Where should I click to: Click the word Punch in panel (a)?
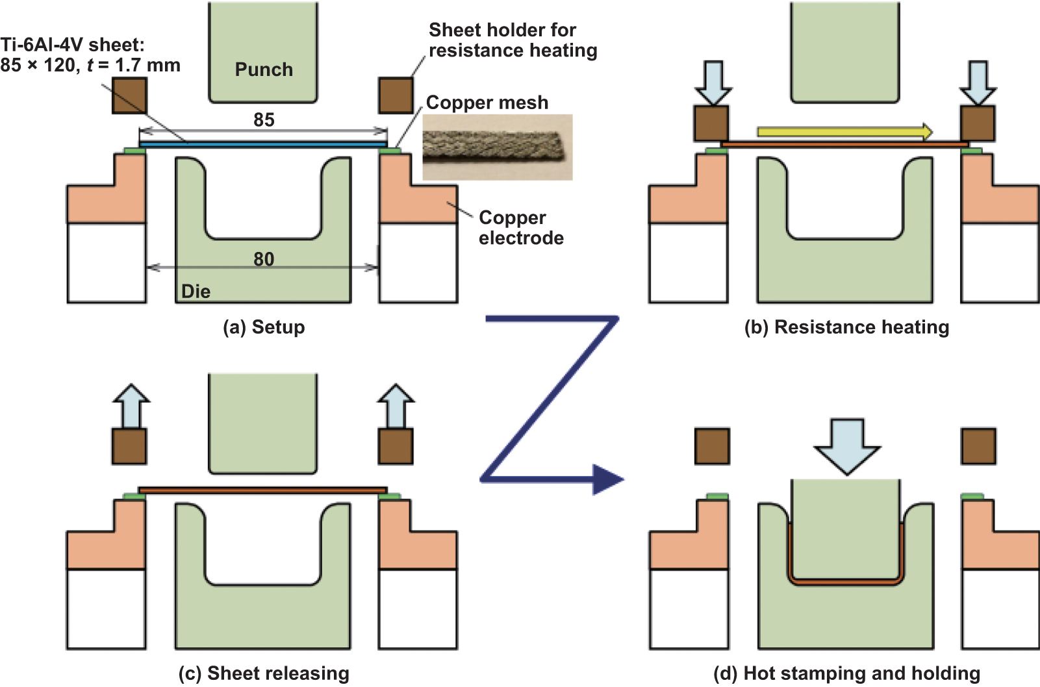pos(264,69)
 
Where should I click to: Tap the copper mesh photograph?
pos(498,147)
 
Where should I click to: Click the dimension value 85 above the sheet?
pos(264,119)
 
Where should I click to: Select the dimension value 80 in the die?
pos(264,259)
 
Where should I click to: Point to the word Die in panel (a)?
pos(196,292)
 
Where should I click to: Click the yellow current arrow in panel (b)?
pos(844,132)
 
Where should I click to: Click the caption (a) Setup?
pos(264,327)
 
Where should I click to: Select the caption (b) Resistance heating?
pos(846,327)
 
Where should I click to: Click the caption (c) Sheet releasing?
pos(264,673)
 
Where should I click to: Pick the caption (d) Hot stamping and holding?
pos(846,673)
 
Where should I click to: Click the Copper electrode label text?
pos(521,228)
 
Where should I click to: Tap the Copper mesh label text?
pos(487,103)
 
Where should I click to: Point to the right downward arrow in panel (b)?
pos(978,82)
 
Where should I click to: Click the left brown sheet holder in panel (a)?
pos(129,95)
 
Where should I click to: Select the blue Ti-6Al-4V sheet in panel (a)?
pos(264,144)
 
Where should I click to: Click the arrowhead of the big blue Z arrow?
pos(607,480)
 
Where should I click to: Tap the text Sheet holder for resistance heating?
pos(513,40)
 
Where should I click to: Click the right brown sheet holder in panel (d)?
pos(978,446)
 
